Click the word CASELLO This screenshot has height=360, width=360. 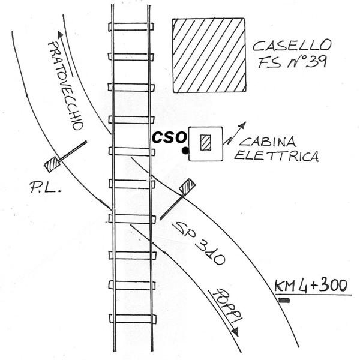(291, 46)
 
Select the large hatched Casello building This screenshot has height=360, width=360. (209, 55)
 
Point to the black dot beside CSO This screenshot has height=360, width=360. (186, 149)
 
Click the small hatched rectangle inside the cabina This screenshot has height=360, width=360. (206, 143)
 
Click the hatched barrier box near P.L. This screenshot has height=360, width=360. (52, 161)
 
